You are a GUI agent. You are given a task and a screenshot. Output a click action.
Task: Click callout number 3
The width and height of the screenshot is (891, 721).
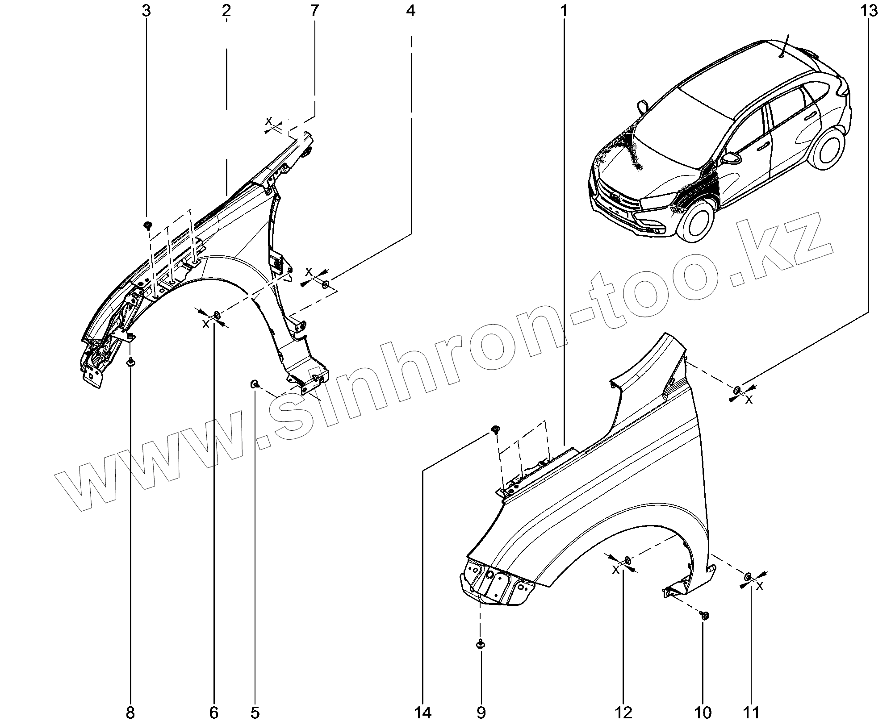tap(146, 11)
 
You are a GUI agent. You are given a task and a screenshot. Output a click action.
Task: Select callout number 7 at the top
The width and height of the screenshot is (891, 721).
tap(314, 11)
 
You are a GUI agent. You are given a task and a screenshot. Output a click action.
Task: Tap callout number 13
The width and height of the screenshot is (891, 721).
tap(869, 11)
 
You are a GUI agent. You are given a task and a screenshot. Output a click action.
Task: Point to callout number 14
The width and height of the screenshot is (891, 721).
tap(422, 713)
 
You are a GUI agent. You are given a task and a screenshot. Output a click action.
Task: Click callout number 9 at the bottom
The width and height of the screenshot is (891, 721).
tap(481, 713)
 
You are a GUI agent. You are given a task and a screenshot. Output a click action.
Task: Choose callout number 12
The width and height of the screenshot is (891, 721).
tap(623, 713)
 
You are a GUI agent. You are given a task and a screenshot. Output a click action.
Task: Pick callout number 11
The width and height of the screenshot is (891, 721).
tap(751, 713)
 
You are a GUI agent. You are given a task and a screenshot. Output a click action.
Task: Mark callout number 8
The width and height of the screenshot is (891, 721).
tap(130, 713)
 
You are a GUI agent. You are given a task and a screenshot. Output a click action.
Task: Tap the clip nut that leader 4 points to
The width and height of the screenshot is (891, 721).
tap(326, 284)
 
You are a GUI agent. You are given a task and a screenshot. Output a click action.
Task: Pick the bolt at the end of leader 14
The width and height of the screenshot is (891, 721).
tap(495, 429)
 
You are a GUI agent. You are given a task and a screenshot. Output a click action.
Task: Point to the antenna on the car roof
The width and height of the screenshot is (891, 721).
tap(784, 46)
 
